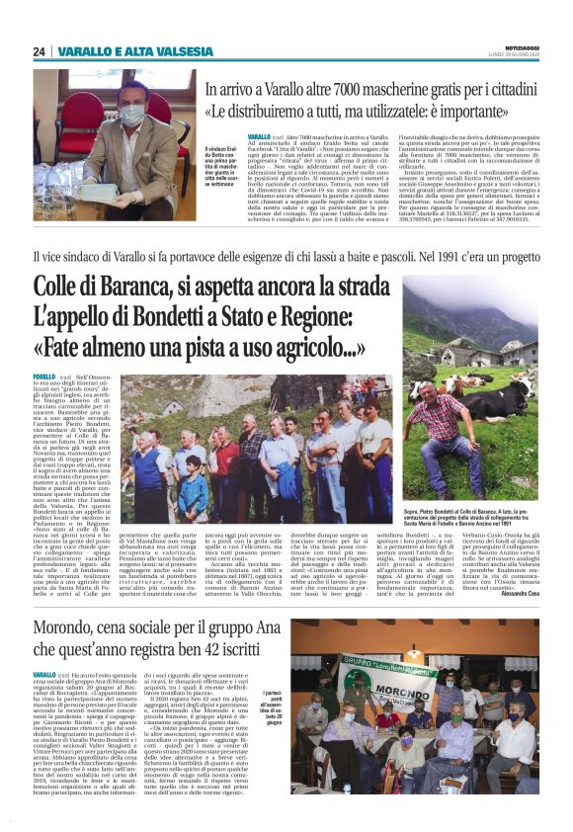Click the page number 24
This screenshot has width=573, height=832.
pos(39,52)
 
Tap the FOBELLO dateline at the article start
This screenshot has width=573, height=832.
pos(44,376)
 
